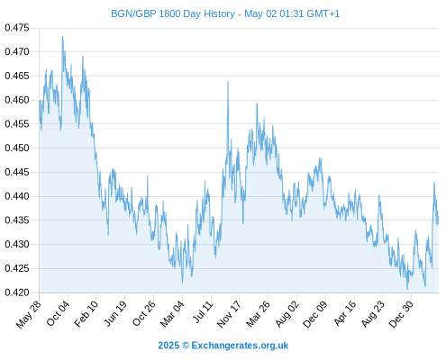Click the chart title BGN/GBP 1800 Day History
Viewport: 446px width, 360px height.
click(173, 13)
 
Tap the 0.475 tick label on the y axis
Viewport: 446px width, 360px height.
click(17, 28)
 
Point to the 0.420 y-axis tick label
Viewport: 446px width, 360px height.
click(17, 292)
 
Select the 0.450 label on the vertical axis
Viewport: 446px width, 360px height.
click(17, 148)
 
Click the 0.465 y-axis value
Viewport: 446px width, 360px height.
click(17, 76)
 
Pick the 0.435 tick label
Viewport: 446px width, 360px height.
click(17, 220)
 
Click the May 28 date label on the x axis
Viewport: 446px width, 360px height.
click(29, 314)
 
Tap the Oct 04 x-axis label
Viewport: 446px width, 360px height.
click(58, 313)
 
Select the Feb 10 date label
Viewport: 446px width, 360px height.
click(86, 313)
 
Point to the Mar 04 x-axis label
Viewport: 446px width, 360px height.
click(172, 313)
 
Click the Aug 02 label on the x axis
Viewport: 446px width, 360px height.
click(287, 313)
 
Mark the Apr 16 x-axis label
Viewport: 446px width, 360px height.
click(345, 313)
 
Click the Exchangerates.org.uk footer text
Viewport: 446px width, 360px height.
click(240, 346)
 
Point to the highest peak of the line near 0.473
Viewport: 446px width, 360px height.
click(62, 37)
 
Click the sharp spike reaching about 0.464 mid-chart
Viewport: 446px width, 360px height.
click(228, 82)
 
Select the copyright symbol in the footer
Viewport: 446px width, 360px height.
click(186, 346)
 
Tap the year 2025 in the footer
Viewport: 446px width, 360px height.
click(168, 346)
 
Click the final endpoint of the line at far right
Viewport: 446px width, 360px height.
click(438, 217)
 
